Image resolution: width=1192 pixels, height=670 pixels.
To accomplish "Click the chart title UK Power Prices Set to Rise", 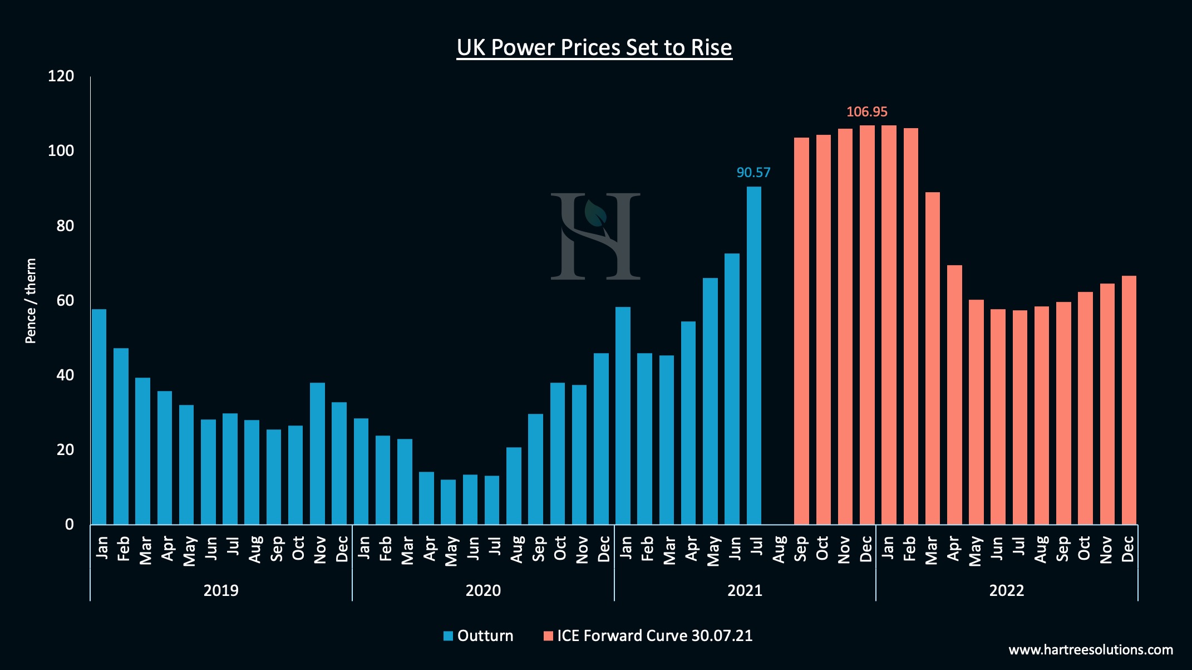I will (x=594, y=47).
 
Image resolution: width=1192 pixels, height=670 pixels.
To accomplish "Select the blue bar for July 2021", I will (x=753, y=356).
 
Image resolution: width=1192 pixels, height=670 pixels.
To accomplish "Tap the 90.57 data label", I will (x=753, y=173).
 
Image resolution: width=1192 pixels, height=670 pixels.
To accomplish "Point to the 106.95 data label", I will (x=866, y=112).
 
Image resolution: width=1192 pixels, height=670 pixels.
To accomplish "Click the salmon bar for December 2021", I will (x=866, y=326).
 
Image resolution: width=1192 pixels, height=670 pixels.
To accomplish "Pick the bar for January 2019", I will (x=99, y=418).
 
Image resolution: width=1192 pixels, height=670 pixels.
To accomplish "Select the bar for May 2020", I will (x=448, y=502).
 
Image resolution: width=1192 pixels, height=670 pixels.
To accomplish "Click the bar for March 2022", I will (x=932, y=359).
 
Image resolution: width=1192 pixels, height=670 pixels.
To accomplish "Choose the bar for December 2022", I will (x=1129, y=401).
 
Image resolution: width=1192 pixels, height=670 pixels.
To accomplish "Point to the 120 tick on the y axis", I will (x=61, y=76).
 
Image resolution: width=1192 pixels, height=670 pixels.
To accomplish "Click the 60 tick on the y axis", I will (x=65, y=301).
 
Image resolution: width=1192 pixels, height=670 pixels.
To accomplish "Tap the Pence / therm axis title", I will (x=31, y=301).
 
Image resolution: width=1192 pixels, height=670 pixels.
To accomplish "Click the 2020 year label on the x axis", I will (x=482, y=590).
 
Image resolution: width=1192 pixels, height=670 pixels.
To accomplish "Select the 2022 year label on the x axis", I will (x=1006, y=590).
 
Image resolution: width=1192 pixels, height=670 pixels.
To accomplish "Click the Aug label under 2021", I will (x=779, y=549).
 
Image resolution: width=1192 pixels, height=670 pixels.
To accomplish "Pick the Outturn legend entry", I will (x=479, y=636).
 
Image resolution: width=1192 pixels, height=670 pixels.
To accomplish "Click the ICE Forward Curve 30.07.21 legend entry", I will (x=648, y=636).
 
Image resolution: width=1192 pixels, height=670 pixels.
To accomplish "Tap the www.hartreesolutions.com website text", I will (x=1090, y=650).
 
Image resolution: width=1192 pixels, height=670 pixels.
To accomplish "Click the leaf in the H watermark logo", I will (x=595, y=214).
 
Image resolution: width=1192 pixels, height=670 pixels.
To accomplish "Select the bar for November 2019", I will (x=317, y=454).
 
